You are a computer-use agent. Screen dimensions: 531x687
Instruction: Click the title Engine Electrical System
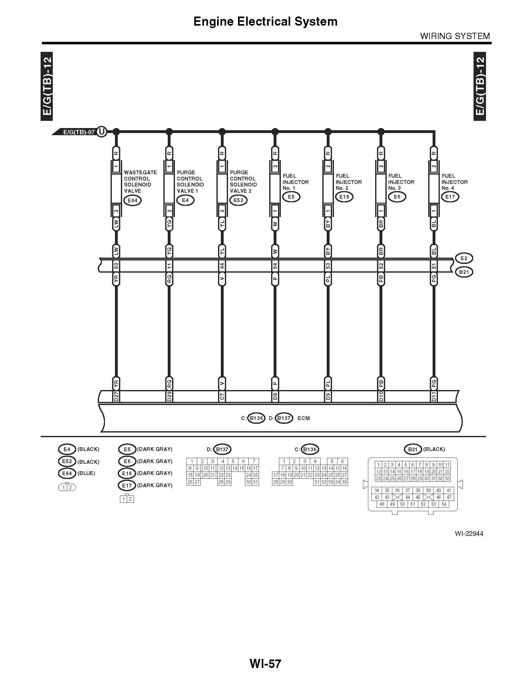265,21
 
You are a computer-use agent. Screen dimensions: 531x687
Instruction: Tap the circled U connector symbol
101,131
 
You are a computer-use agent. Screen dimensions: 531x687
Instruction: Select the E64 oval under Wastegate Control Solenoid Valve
132,200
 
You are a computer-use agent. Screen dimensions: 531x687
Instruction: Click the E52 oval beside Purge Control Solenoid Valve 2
238,200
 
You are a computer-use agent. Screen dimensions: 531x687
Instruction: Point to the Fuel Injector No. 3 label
401,182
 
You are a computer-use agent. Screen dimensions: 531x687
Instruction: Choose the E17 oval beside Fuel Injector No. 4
450,197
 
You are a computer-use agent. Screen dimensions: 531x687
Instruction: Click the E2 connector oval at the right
464,258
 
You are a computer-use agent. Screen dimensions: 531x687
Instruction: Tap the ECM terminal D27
116,396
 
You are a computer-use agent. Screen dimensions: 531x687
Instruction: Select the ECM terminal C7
222,396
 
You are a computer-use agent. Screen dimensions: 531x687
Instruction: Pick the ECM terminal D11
434,396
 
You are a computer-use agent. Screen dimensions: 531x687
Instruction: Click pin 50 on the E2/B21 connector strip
116,266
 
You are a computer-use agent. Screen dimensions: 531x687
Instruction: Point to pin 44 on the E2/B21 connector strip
222,266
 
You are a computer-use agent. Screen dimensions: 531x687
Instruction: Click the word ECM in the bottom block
304,418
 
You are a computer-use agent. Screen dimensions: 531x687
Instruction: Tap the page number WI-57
265,663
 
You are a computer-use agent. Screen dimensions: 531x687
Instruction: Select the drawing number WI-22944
469,533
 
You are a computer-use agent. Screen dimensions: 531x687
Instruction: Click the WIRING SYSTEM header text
455,36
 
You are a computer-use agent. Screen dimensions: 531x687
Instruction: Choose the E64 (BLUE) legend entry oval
67,473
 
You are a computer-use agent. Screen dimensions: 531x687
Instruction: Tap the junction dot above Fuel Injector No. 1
275,131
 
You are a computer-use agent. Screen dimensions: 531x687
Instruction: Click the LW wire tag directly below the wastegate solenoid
116,224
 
